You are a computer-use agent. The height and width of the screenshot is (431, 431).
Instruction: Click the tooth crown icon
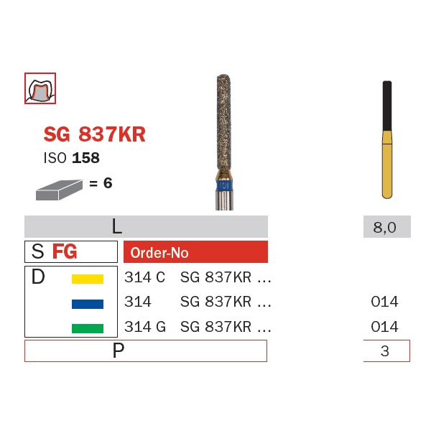(x=40, y=88)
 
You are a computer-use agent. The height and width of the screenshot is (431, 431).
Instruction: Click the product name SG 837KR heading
(x=94, y=134)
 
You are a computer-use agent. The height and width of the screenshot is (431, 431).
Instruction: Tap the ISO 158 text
(x=72, y=158)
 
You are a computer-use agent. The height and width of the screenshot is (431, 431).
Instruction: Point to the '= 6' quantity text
(x=101, y=183)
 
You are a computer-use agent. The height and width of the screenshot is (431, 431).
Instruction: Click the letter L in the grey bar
(x=116, y=227)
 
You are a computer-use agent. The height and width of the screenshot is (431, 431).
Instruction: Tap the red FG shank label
(x=65, y=252)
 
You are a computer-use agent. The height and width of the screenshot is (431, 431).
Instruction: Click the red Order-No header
(x=159, y=253)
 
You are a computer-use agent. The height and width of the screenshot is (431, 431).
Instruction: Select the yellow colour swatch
(x=88, y=279)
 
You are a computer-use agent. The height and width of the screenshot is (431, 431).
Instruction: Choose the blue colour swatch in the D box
(x=88, y=304)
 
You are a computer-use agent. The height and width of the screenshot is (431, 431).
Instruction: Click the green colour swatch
(x=88, y=328)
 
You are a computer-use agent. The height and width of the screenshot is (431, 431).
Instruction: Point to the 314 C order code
(x=144, y=277)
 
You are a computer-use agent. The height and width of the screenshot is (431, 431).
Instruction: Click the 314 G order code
(x=145, y=327)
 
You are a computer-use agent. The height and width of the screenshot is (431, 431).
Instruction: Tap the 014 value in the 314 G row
(x=384, y=327)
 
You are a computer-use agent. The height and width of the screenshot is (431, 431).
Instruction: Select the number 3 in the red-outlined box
(x=386, y=351)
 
